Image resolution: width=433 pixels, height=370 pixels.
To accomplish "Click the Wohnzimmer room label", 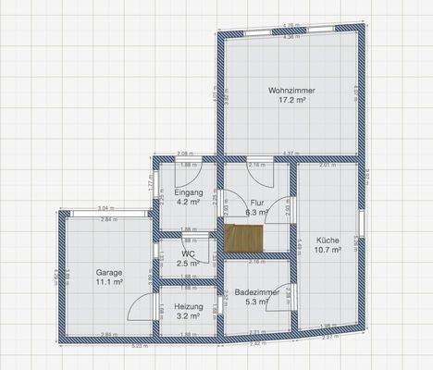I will coord(291,90).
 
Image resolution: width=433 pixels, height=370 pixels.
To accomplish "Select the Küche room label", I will coord(327,240).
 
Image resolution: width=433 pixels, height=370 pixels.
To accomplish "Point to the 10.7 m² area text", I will coord(327,250).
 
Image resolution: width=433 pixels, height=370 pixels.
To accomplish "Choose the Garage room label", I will coord(108,273).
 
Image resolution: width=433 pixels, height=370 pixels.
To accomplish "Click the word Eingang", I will coord(188,191).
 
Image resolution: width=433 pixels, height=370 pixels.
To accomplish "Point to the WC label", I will coord(188,253).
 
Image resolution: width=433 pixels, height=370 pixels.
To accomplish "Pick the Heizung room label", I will coord(188,305).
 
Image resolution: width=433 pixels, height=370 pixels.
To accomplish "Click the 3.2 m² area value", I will coord(188,314).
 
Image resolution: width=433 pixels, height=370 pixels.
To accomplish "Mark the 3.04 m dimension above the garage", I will coord(106,208).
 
